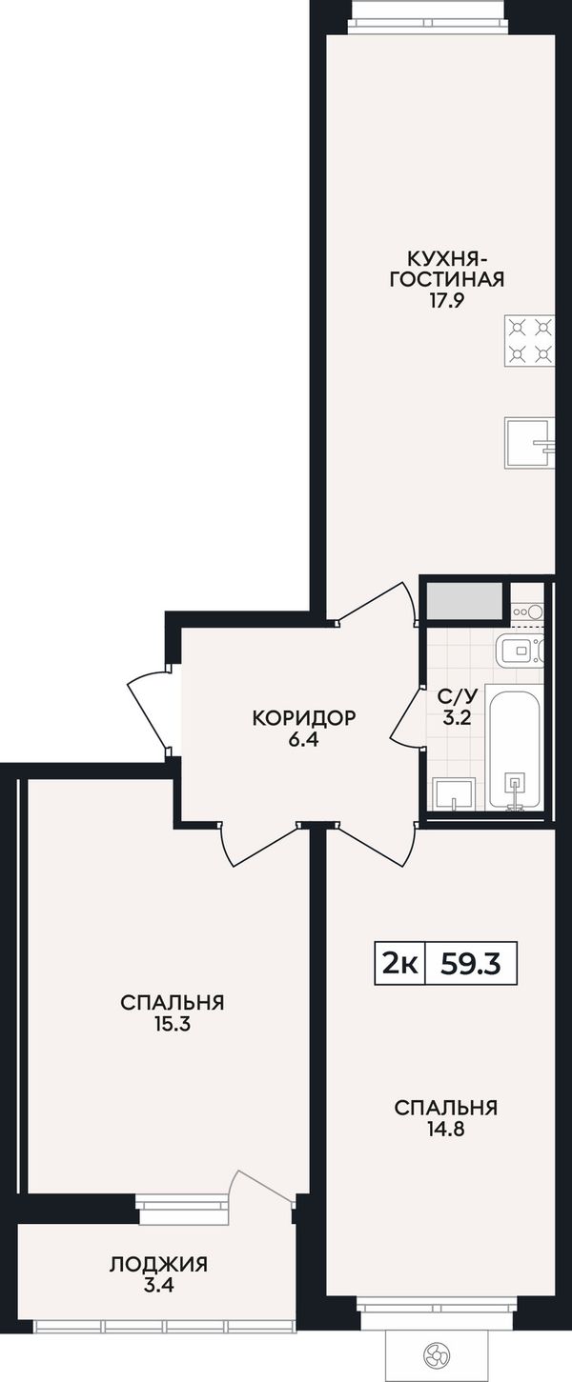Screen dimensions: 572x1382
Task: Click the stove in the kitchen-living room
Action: pos(529,340)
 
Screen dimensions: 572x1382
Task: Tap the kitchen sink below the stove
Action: pos(529,443)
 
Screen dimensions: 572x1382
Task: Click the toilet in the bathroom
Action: pos(521,651)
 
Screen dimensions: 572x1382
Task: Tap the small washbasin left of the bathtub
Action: pos(454,792)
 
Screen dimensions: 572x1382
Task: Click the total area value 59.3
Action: pos(470,964)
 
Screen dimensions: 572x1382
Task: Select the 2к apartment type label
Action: pos(399,964)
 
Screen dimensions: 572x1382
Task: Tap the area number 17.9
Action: pos(446,300)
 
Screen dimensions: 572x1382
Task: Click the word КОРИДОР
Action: pos(304,718)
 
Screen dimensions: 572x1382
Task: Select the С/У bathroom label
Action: pos(457,697)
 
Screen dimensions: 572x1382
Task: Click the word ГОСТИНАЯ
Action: pos(446,279)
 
